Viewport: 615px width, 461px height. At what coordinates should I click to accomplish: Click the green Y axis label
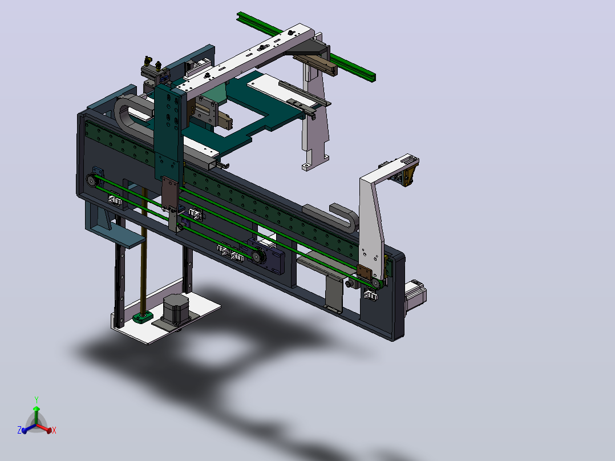coord(37,400)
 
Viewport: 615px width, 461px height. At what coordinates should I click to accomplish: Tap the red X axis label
coord(54,430)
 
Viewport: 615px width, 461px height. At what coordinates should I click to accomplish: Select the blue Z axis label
coord(19,430)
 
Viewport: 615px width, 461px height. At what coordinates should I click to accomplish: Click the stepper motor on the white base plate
coord(175,309)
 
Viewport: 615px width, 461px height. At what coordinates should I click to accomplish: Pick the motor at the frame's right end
coord(416,296)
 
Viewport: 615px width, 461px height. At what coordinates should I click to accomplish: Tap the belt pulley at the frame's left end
coord(91,180)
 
